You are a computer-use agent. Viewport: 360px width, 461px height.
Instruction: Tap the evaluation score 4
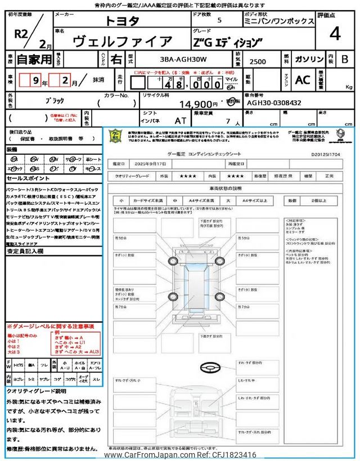tap(334, 34)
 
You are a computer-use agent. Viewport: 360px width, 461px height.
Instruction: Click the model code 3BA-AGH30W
tap(175, 59)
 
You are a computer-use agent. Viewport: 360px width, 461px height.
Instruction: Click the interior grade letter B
tap(345, 59)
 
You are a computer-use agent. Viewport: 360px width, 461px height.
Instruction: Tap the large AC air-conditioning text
tap(303, 80)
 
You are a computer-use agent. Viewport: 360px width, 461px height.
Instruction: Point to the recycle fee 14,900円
tap(198, 104)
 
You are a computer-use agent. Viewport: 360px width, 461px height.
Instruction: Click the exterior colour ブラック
tap(54, 100)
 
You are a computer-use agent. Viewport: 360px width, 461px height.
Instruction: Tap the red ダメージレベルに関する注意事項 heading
tap(51, 326)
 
